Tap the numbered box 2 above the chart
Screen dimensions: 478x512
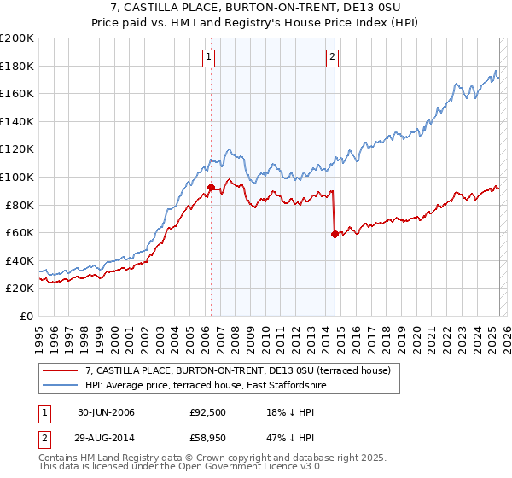[x=332, y=57]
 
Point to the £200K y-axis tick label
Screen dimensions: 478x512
[x=17, y=38]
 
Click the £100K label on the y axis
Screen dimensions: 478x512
[x=17, y=177]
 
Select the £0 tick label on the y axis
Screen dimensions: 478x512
[x=26, y=316]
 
